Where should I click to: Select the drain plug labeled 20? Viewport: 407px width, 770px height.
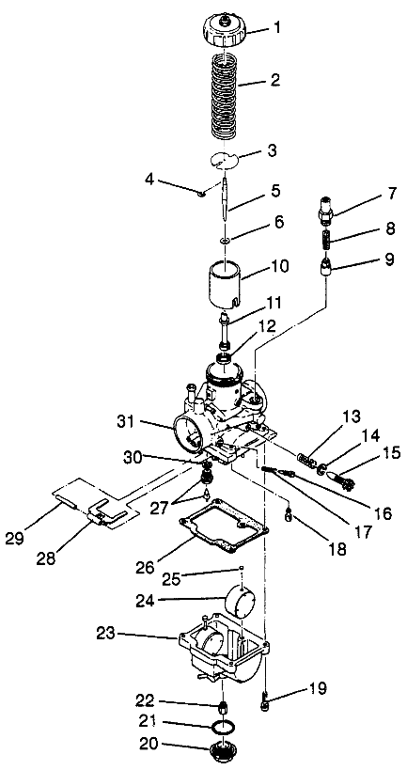point(218,753)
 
